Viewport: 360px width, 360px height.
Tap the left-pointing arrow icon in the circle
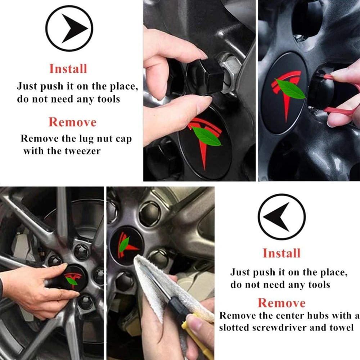pyautogui.click(x=282, y=217)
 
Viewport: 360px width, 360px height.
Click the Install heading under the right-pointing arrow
pyautogui.click(x=68, y=68)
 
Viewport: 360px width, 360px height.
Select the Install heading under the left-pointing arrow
pyautogui.click(x=282, y=253)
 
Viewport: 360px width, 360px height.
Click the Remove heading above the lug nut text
pyautogui.click(x=73, y=122)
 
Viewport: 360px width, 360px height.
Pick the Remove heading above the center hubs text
pyautogui.click(x=282, y=302)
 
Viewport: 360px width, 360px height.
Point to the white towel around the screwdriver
pyautogui.click(x=155, y=284)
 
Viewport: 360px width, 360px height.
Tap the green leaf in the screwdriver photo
pyautogui.click(x=124, y=244)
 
